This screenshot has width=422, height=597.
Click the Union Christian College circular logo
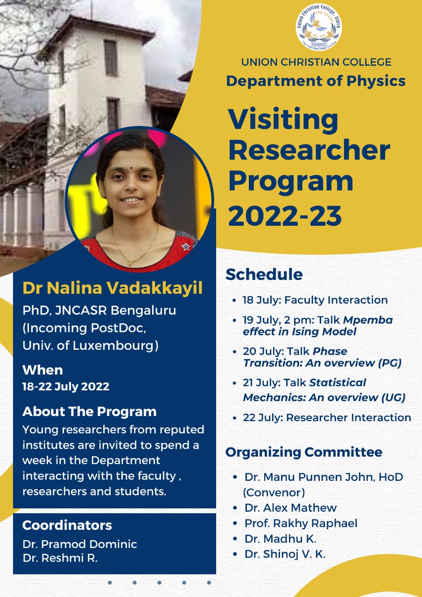319,27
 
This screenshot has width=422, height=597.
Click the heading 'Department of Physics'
316,81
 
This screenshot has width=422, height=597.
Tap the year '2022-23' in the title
285,215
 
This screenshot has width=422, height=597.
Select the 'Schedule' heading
264,274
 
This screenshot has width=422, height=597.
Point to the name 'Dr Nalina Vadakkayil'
113,288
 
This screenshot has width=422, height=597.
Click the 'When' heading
42,370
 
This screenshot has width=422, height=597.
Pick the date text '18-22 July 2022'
66,387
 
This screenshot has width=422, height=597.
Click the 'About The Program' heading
89,411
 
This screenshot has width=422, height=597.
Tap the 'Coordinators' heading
67,525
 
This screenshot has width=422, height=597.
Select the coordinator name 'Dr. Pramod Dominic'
80,544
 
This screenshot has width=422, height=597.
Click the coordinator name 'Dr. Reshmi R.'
60,558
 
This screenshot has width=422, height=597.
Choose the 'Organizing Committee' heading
304,452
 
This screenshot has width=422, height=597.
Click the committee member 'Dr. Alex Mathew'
290,508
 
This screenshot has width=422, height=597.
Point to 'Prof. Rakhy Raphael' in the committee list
301,523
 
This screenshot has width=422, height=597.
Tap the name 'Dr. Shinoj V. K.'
285,554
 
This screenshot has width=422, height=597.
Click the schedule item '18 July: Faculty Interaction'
315,300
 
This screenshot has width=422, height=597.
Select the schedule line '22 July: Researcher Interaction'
327,417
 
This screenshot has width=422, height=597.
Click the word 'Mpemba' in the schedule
368,320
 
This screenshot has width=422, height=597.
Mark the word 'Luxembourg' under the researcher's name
113,346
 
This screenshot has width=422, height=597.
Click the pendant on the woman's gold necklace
130,263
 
